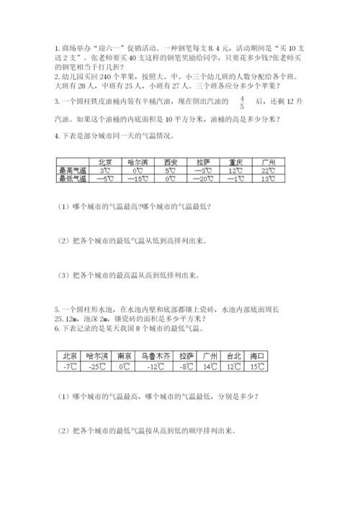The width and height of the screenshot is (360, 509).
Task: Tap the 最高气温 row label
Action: tap(71, 171)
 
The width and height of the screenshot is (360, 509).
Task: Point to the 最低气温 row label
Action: tap(71, 179)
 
